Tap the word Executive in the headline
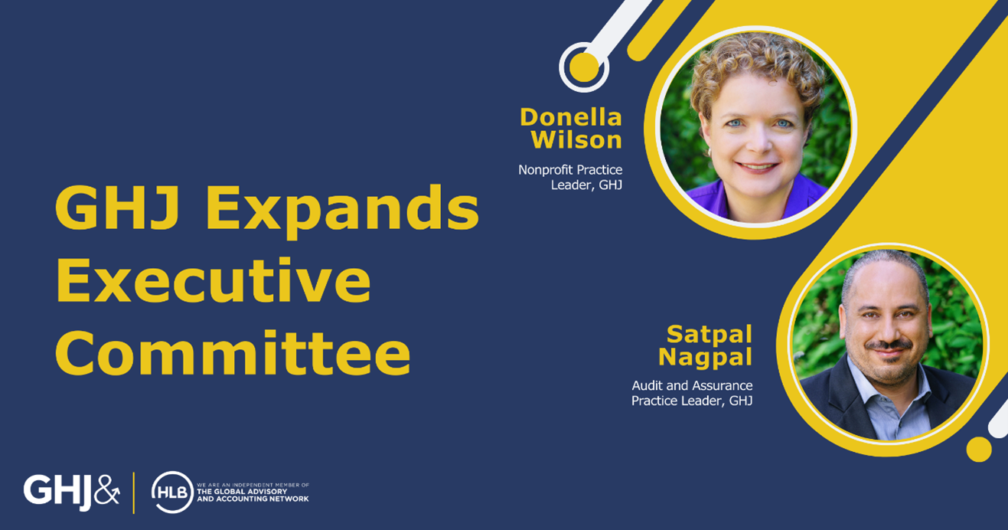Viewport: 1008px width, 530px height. coord(214,280)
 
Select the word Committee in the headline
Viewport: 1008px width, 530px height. coord(233,352)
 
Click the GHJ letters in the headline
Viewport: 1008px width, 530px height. coord(117,208)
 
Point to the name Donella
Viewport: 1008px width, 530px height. coord(571,117)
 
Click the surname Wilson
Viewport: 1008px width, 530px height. coord(576,139)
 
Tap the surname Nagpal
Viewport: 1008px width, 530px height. coord(705,358)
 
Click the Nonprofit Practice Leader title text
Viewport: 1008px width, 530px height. coord(571,177)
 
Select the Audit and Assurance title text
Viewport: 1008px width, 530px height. coord(692,393)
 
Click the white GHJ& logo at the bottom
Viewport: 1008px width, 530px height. coord(71,492)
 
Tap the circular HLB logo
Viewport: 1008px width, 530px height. coord(172,492)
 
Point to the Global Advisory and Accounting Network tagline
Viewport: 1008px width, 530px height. coord(253,492)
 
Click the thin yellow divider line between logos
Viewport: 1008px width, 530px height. coord(134,492)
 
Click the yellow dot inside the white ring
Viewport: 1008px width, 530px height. coord(584,67)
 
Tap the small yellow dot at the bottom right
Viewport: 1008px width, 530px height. coord(979,449)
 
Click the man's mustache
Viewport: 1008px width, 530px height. coord(889,345)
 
